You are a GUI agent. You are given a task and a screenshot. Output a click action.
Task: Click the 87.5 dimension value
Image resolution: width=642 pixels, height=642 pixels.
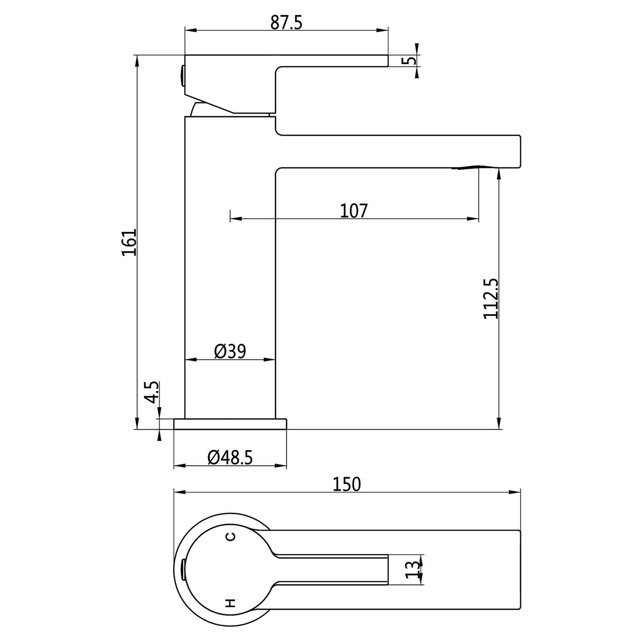coord(286,22)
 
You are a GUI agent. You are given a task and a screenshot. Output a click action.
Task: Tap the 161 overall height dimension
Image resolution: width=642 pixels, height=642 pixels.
coord(129,242)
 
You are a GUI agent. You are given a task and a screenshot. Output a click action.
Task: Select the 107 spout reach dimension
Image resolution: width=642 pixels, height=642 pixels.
coord(354,210)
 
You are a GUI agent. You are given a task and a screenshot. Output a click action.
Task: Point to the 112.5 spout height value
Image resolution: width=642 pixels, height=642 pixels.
coord(491,299)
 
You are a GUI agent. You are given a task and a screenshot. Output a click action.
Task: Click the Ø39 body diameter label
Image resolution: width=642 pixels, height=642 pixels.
coord(230,351)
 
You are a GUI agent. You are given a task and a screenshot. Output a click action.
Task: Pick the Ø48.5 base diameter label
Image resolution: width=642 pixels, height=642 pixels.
coord(230,457)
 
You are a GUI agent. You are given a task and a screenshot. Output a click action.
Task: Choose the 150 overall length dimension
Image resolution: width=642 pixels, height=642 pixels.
coord(347,484)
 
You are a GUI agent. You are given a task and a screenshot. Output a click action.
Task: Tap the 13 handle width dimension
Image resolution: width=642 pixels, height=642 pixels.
coord(412,570)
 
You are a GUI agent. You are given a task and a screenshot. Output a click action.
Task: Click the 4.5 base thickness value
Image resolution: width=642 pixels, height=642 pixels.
coord(152,393)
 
